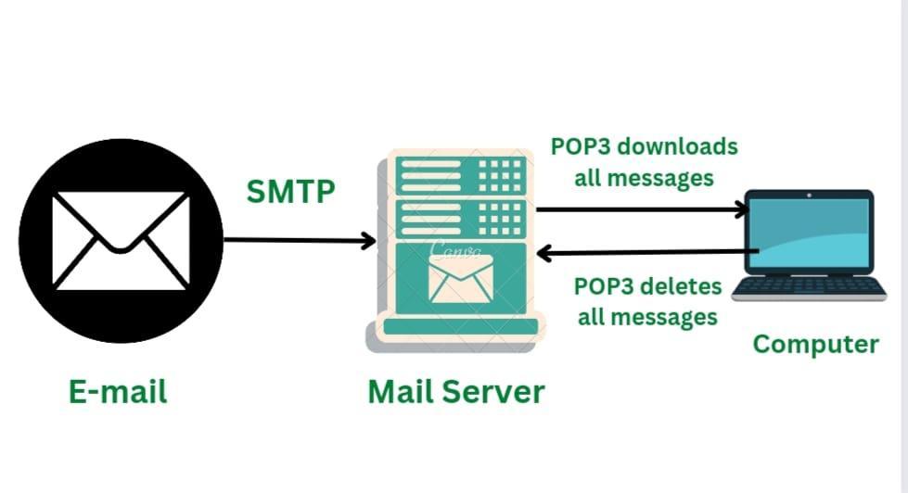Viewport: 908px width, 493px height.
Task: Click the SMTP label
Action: click(291, 192)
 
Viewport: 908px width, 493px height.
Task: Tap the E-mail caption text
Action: click(118, 391)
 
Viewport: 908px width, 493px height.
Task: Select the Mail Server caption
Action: click(455, 391)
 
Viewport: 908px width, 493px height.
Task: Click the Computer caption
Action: click(815, 345)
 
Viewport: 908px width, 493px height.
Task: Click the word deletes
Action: click(673, 285)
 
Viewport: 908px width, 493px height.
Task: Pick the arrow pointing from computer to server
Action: click(649, 251)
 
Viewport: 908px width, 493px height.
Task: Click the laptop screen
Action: click(809, 232)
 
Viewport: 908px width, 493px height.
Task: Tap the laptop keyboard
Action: click(809, 285)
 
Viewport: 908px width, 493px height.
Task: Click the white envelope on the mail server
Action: click(461, 279)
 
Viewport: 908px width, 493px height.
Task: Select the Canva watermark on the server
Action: click(454, 248)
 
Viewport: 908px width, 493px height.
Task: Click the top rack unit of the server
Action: click(461, 175)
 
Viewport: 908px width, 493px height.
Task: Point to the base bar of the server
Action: click(461, 326)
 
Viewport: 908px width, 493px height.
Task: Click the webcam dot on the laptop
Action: click(809, 196)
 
